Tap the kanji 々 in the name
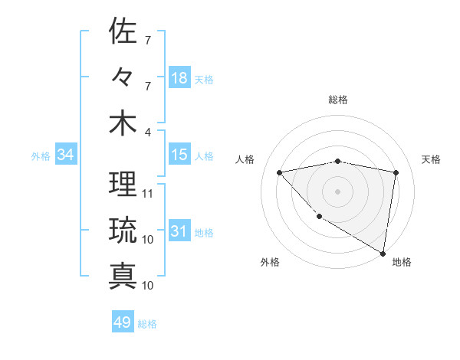123,77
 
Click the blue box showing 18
179,78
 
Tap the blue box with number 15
179,155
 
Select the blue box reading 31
179,232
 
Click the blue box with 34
65,155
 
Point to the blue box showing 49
123,322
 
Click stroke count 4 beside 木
148,132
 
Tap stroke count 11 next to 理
148,194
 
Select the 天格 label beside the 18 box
204,80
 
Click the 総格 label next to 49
147,324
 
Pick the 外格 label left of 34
41,156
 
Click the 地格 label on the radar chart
402,262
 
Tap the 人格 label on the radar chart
245,159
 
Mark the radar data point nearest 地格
383,252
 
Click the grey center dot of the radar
337,191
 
